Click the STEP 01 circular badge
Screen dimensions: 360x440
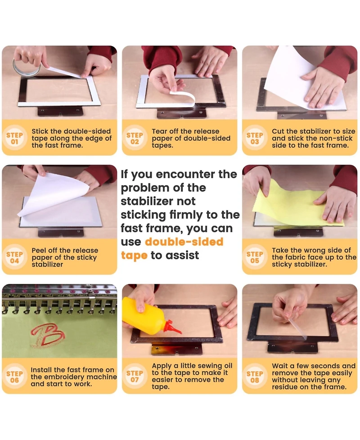point(14,138)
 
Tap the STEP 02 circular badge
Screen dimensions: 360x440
point(135,138)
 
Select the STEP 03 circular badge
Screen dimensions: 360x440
point(255,138)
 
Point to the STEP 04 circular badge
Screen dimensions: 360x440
point(14,257)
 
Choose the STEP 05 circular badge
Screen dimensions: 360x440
point(255,257)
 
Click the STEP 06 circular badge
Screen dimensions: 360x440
point(14,376)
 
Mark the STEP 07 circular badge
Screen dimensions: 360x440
point(135,376)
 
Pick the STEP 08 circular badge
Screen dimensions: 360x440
point(255,376)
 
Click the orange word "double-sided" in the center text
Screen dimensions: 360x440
point(184,241)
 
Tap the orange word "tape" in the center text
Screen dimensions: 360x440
point(134,256)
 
